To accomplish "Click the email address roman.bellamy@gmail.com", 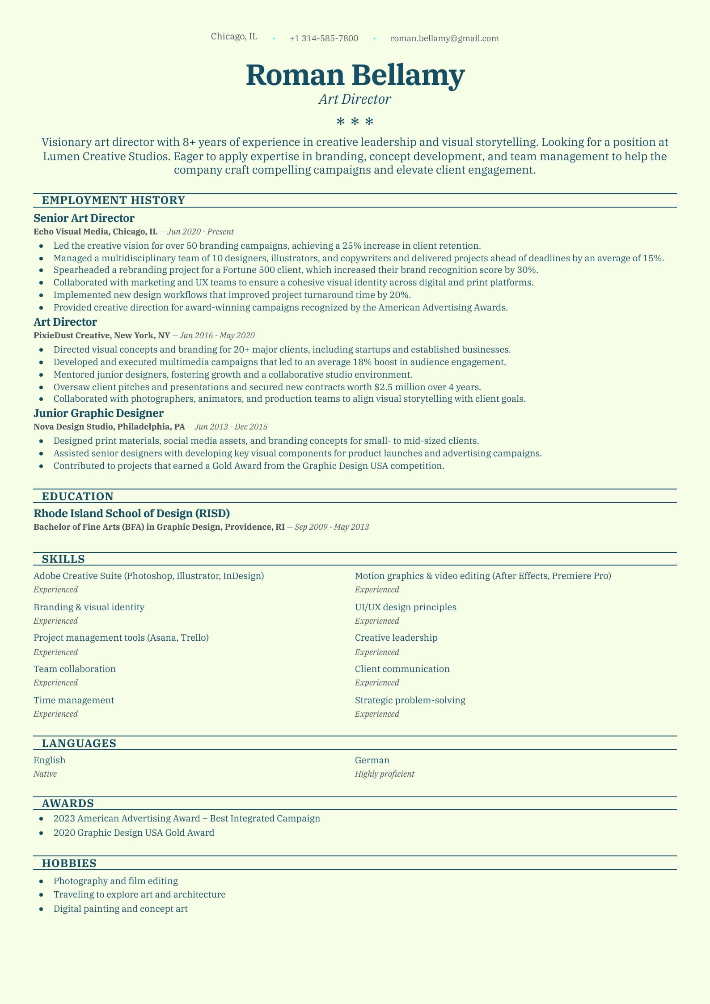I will pyautogui.click(x=444, y=38).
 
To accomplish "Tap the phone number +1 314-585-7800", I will pyautogui.click(x=324, y=38).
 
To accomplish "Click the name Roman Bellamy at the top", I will pyautogui.click(x=355, y=75).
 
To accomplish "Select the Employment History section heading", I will pyautogui.click(x=114, y=200).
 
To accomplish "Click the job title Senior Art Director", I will pyautogui.click(x=84, y=218).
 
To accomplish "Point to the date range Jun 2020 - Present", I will pyautogui.click(x=200, y=232).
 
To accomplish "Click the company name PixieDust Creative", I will pyautogui.click(x=72, y=336).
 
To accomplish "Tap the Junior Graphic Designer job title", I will pyautogui.click(x=99, y=413).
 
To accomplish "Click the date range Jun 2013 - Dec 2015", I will pyautogui.click(x=231, y=427).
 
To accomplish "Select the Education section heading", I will pyautogui.click(x=78, y=497).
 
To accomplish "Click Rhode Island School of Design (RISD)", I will pyautogui.click(x=132, y=514).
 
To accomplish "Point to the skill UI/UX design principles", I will pyautogui.click(x=406, y=607).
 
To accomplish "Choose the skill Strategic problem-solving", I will pyautogui.click(x=410, y=700).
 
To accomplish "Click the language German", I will pyautogui.click(x=372, y=760).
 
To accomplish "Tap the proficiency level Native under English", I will pyautogui.click(x=45, y=774).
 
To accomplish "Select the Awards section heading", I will pyautogui.click(x=68, y=804).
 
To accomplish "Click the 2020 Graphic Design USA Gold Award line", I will pyautogui.click(x=134, y=833).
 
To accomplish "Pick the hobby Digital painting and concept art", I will pyautogui.click(x=120, y=909).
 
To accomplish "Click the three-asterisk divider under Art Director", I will pyautogui.click(x=355, y=121).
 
